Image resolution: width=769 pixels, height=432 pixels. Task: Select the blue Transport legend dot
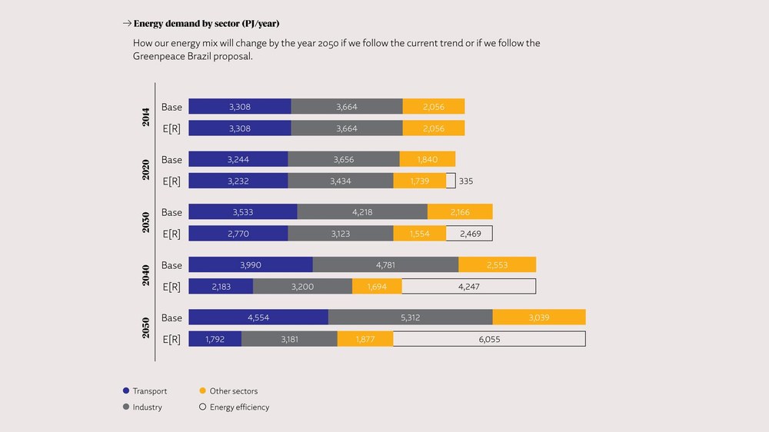(x=126, y=390)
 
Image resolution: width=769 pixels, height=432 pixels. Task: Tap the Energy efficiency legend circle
(x=202, y=407)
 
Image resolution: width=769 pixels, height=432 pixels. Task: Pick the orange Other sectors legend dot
(x=202, y=390)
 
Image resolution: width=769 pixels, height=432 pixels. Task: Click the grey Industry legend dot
(x=126, y=407)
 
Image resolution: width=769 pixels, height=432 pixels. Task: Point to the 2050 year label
(x=145, y=328)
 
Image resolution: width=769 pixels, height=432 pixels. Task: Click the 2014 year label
(x=145, y=117)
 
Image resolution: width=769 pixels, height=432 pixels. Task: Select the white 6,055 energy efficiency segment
(x=489, y=339)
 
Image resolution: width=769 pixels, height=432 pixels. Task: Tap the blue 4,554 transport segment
(x=258, y=317)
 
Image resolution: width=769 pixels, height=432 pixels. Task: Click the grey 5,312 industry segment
(x=411, y=317)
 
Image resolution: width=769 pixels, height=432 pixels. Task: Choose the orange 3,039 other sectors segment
(x=539, y=317)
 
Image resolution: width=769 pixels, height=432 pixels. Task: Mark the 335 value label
(x=466, y=181)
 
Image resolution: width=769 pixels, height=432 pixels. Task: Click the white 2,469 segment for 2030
(x=469, y=234)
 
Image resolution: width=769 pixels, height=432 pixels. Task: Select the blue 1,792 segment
(x=215, y=339)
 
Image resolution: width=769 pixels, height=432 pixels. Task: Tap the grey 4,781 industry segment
(x=385, y=264)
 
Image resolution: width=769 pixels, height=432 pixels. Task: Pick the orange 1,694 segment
(x=377, y=287)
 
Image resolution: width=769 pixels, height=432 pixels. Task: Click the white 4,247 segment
(x=469, y=287)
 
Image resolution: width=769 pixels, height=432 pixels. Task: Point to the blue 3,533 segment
(x=243, y=212)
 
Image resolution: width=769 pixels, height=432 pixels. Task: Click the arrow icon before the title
(x=127, y=23)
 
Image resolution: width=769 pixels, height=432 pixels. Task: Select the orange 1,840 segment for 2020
(x=427, y=159)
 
